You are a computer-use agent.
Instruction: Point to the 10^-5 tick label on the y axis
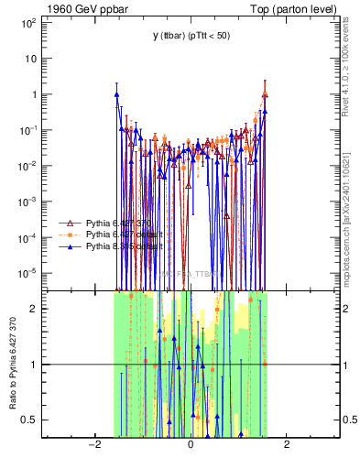click(x=29, y=273)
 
